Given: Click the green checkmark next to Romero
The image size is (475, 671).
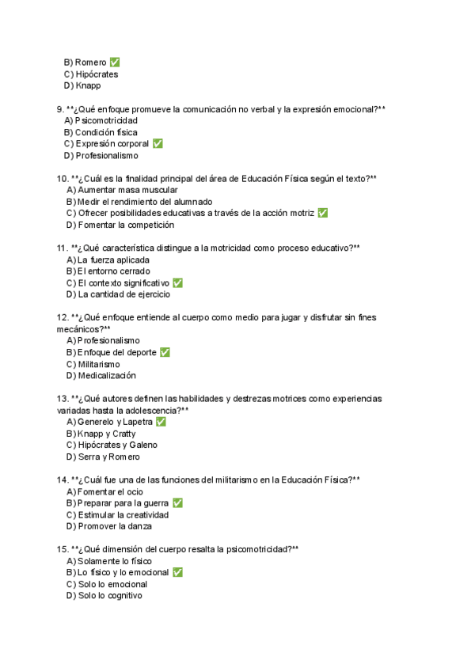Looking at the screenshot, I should pos(116,63).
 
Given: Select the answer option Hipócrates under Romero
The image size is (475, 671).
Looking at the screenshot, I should pos(96,74).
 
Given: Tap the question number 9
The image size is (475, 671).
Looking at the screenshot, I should pos(59,109).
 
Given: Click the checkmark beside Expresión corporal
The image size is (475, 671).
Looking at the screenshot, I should pos(158,144).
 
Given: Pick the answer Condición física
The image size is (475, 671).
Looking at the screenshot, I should pos(105,132).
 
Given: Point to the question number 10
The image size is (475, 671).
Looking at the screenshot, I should pos(63,179).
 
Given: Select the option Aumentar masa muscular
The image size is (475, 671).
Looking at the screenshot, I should pos(127,190).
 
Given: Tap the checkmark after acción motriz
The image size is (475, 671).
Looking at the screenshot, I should pos(322,214).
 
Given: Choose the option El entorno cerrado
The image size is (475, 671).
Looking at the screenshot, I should pos(113,271).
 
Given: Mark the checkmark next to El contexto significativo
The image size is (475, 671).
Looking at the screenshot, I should pos(177,283).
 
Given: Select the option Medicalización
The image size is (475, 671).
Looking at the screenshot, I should pos(107,376).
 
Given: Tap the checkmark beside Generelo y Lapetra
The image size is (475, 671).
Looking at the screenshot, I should pos(161,423).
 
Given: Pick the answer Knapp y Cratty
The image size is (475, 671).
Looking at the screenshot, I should pos(106,434).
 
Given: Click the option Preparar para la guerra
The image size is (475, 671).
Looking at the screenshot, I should pos(123,503).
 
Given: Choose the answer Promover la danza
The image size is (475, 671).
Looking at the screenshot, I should pos(115,526).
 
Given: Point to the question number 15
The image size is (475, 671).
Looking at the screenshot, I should pos(63,549).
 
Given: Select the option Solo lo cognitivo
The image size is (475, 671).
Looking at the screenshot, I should pos(110,596).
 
